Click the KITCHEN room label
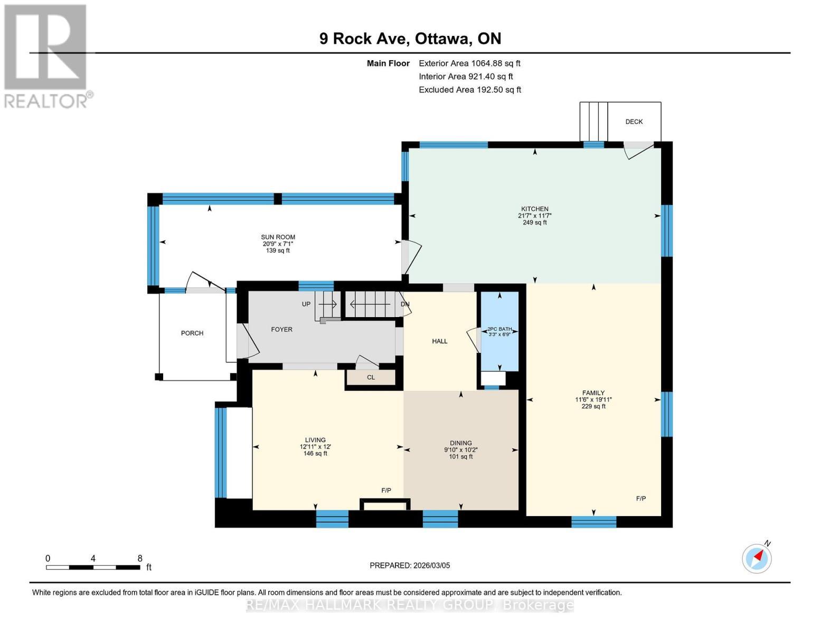click(x=534, y=209)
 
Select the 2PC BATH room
click(x=499, y=331)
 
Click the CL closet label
click(x=371, y=377)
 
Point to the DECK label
click(x=634, y=122)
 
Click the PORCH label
click(x=192, y=333)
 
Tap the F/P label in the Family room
click(x=640, y=498)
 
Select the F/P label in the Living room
click(x=386, y=490)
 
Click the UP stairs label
click(x=306, y=304)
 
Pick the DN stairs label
click(x=405, y=304)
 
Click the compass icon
click(x=757, y=558)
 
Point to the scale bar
click(x=93, y=567)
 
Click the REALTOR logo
click(x=46, y=55)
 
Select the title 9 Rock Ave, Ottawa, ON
click(x=410, y=39)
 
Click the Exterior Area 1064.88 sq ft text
click(x=469, y=63)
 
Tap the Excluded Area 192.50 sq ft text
click(x=469, y=89)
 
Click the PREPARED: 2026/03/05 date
click(x=410, y=565)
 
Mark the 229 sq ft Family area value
click(x=593, y=406)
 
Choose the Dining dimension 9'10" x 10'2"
click(x=460, y=450)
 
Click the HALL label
click(x=439, y=341)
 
